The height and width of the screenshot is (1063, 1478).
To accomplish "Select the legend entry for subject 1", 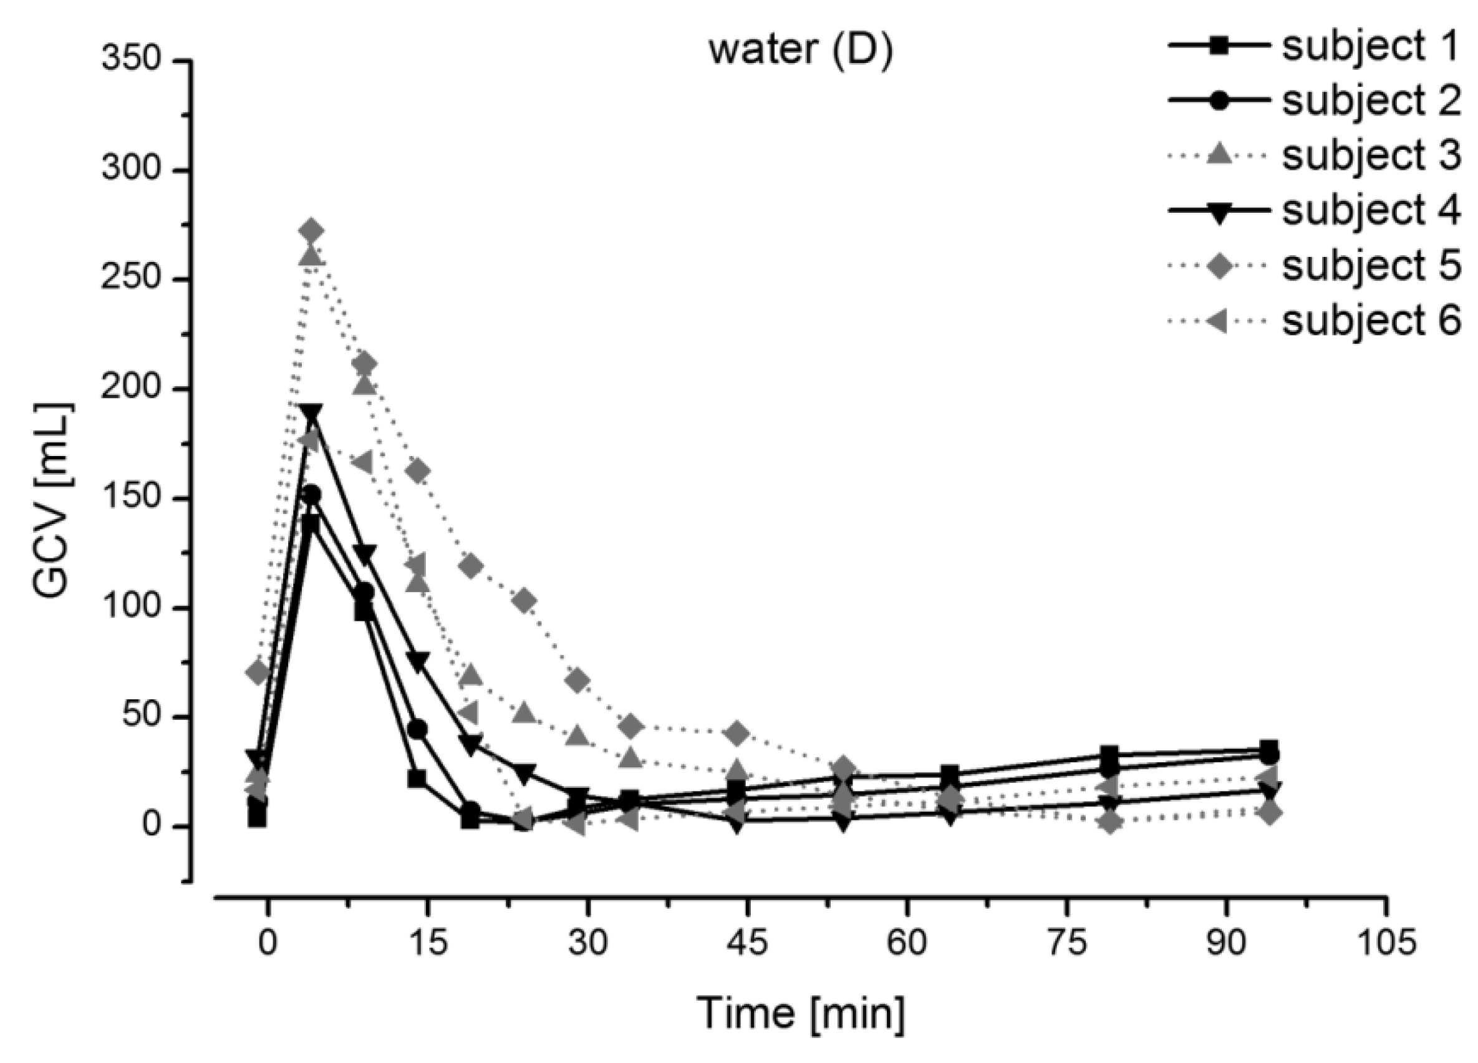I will tap(1313, 46).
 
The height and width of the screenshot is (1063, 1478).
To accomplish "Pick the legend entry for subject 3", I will tap(1313, 156).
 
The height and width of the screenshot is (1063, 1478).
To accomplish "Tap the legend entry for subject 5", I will tap(1313, 266).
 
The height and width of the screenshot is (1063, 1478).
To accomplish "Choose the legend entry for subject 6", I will tap(1313, 321).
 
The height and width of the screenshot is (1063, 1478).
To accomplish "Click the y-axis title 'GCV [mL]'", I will tap(52, 500).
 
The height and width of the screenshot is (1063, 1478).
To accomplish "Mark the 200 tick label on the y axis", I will tap(130, 389).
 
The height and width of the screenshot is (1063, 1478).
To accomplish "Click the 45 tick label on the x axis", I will tap(748, 943).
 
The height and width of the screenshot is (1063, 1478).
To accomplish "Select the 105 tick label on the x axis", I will tap(1386, 943).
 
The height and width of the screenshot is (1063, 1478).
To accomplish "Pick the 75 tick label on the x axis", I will tap(1067, 943).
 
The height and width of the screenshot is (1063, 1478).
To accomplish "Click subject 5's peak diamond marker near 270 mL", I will tap(311, 231).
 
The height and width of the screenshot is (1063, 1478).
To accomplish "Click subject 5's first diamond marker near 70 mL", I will tap(258, 672).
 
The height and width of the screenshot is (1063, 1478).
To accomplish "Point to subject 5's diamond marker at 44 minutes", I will tap(737, 734).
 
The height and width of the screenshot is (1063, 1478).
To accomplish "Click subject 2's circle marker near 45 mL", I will tap(418, 729).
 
